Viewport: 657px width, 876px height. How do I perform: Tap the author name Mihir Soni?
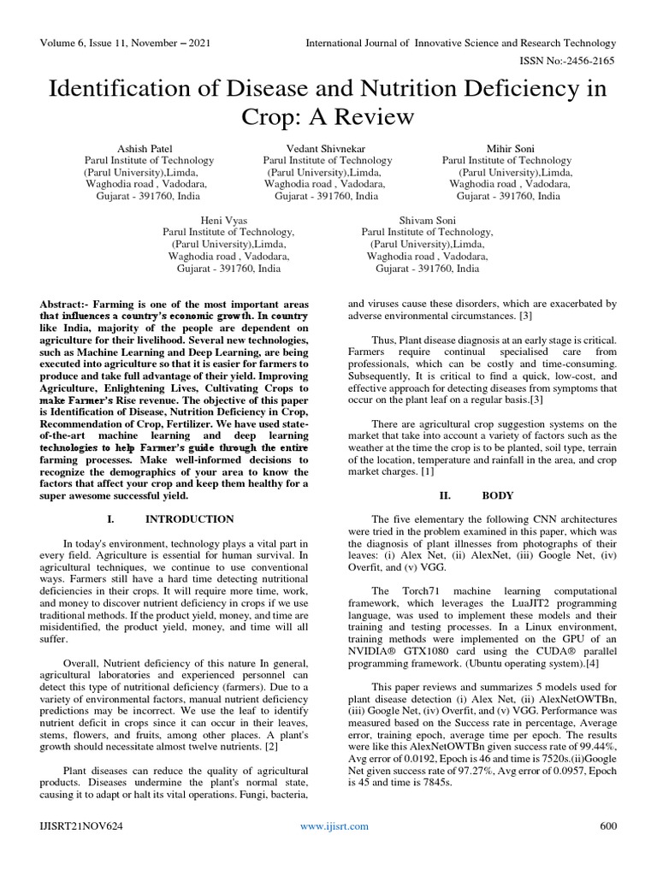click(x=508, y=147)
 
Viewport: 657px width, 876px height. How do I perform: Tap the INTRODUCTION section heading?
click(x=189, y=519)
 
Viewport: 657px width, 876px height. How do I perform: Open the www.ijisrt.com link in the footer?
click(x=334, y=849)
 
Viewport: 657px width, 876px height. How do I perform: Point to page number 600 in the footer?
click(x=607, y=849)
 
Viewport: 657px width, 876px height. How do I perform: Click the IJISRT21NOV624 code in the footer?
click(x=80, y=849)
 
